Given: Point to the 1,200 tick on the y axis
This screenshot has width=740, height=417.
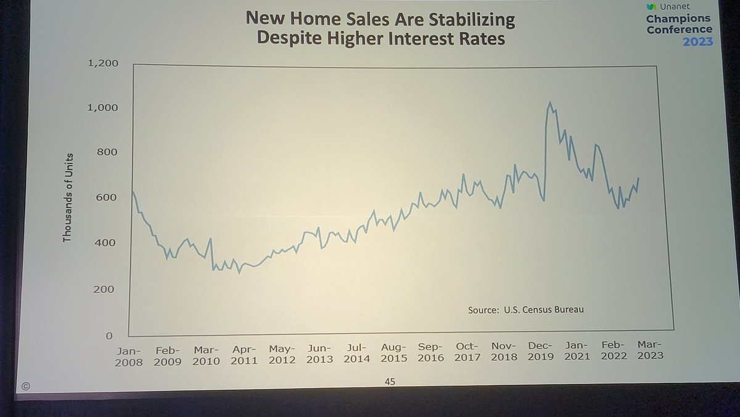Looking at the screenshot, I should (104, 63).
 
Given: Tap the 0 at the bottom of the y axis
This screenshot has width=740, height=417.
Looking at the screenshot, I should (109, 336).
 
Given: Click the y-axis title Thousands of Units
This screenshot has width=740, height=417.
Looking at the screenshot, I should (67, 197).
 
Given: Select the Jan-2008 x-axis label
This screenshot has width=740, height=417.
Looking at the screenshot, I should (128, 356).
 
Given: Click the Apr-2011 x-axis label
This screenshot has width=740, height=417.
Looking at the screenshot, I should (244, 355).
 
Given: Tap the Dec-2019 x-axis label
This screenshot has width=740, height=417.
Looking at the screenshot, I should (540, 350).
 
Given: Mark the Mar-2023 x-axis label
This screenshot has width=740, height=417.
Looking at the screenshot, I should (649, 349).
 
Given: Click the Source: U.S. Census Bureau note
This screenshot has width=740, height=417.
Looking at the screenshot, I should (525, 310).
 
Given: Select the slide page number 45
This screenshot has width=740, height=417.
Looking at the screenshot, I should (389, 382).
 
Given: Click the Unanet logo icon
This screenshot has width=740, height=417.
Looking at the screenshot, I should (651, 7).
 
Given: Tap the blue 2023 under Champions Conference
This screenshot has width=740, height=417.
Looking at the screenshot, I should (697, 42).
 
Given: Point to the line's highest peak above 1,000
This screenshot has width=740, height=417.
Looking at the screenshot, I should (549, 103).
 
